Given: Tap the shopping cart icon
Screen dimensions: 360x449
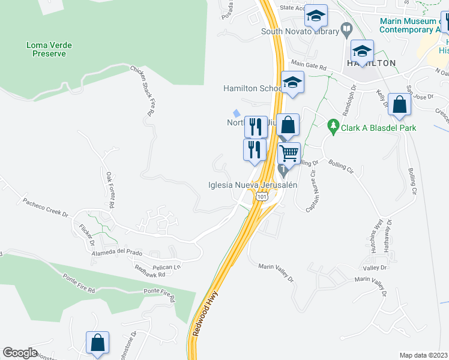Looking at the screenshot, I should (289, 154).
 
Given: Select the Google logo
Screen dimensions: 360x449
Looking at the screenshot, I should (20, 353).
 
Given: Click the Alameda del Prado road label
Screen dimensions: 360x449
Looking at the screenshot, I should (109, 252).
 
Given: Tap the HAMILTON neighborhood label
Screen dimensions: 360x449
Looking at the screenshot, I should (372, 63).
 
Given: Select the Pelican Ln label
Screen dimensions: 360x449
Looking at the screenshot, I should (167, 266).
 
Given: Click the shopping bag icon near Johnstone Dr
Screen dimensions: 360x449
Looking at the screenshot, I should (97, 343).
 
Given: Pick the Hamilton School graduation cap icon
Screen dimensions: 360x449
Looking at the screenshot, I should (292, 83).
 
